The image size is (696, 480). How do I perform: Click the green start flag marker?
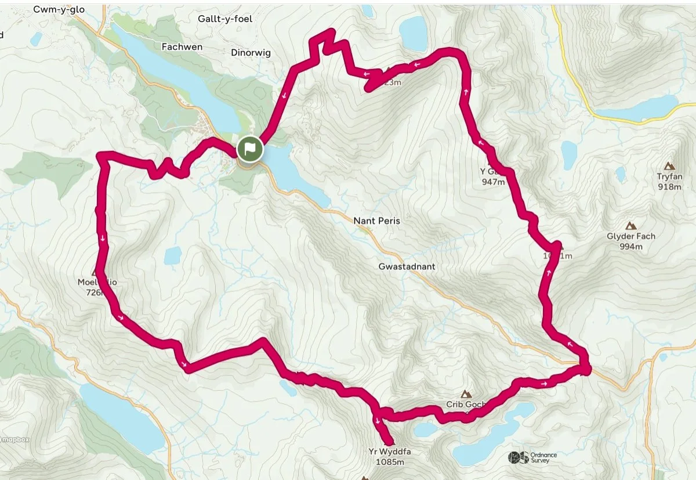pos(249,149)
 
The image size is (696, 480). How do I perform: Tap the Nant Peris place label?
pos(377,221)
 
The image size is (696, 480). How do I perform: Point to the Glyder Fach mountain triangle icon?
pos(630,225)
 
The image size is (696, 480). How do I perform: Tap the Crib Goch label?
pos(462,405)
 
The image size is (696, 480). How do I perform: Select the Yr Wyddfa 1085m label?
pos(386,456)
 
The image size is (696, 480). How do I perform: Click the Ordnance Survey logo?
pos(532,457)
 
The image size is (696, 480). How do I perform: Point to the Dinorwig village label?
pos(251,53)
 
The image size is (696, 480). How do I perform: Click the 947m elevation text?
pos(493,182)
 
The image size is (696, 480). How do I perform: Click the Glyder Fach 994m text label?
pos(630,241)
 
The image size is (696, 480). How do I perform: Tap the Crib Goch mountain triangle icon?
pos(466,393)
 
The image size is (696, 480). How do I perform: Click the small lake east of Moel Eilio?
pos(173,255)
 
